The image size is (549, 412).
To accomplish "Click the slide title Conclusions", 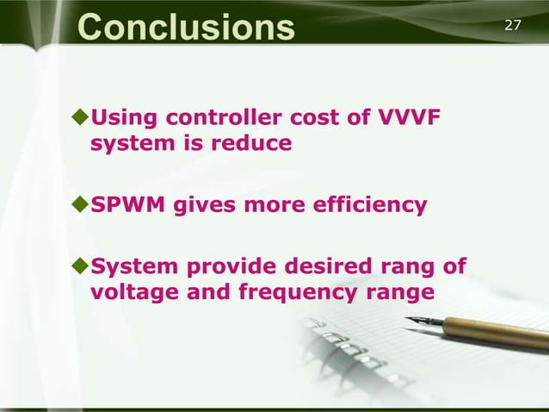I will point(185,26).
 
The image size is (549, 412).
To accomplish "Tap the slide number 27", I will point(513,24).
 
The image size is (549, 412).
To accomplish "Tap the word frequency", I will point(280,292).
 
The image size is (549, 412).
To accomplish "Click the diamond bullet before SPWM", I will point(81,205).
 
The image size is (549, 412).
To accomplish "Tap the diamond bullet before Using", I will point(81,116).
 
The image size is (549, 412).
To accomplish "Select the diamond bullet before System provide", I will point(81,267).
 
